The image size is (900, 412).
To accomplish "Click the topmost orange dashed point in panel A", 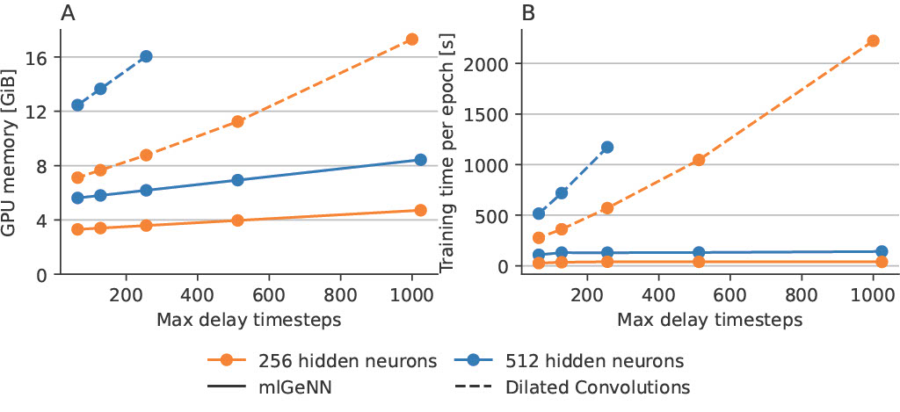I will pyautogui.click(x=411, y=40).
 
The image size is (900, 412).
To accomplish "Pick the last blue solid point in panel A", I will pyautogui.click(x=420, y=160).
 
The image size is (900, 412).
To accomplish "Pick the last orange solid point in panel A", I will pyautogui.click(x=420, y=210).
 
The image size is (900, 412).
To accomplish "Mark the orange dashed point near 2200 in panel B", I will pyautogui.click(x=873, y=40).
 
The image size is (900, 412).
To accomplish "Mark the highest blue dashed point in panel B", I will pyautogui.click(x=606, y=148).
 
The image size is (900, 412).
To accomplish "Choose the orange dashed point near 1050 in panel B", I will pyautogui.click(x=699, y=160).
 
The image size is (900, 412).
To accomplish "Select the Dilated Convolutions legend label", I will pyautogui.click(x=597, y=387).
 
